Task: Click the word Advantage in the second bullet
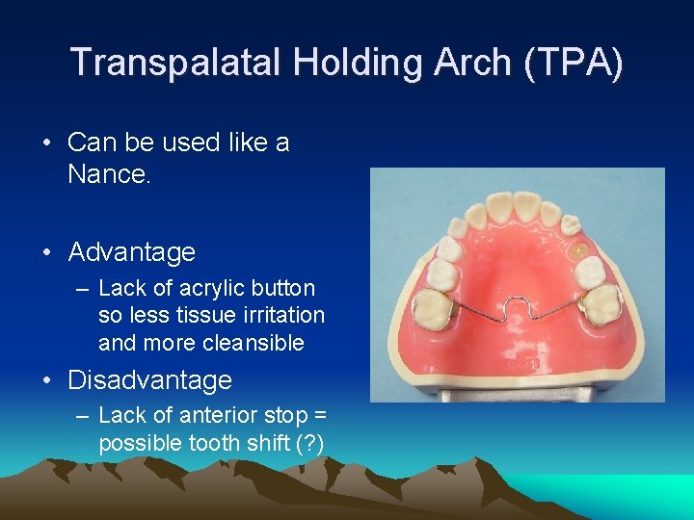coord(131,252)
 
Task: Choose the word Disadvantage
coord(149,380)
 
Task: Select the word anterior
coord(219,415)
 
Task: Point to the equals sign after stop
coord(321,415)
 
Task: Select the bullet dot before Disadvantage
coord(47,381)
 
